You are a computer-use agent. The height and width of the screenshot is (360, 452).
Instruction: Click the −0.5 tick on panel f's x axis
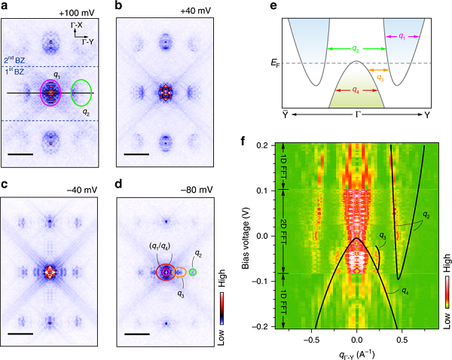click(309, 338)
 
